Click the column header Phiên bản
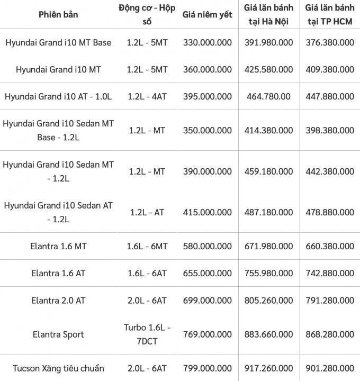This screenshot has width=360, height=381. tap(58, 14)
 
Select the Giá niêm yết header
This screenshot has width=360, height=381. tap(208, 15)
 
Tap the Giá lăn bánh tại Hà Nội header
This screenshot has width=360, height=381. tap(269, 15)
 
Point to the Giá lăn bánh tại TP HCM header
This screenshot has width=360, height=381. tap(330, 15)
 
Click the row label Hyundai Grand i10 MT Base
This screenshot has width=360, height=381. tap(58, 42)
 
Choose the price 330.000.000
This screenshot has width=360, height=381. tap(208, 42)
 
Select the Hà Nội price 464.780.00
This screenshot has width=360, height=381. tap(268, 96)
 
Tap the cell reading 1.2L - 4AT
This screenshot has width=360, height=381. tap(147, 96)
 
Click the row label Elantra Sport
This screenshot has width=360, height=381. tap(58, 334)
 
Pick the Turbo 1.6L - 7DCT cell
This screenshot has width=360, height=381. tap(147, 334)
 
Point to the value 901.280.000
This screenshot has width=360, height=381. tap(330, 368)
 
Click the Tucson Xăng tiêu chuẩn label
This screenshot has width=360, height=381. tap(58, 368)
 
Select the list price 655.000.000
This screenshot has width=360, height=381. tap(208, 273)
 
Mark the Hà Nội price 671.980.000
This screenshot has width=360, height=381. tap(268, 246)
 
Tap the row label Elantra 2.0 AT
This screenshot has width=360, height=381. tap(58, 300)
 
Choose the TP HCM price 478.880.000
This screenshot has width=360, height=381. tap(330, 212)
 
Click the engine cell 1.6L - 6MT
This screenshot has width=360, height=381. tap(147, 246)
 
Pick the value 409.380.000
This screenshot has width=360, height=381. tap(330, 69)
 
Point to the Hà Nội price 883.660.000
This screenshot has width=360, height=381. tap(268, 334)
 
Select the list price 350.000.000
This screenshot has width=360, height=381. tap(208, 130)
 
